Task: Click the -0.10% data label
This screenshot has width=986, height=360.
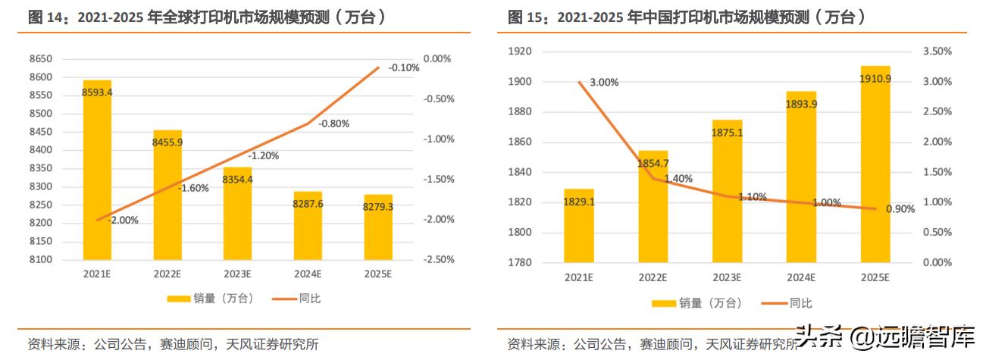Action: point(403,68)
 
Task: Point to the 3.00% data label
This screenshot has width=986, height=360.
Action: point(604,83)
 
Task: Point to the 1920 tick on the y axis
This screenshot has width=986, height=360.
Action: point(521,52)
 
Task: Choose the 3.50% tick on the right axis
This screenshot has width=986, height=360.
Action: point(937,52)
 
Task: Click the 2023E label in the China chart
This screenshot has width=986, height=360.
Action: point(727,277)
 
